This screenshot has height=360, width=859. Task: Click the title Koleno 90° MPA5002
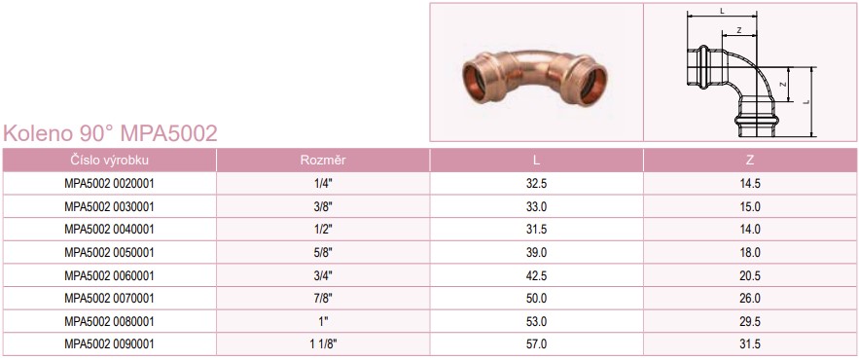click(x=110, y=133)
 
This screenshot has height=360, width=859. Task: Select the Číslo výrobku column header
click(x=110, y=160)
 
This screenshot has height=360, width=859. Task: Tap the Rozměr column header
click(x=323, y=160)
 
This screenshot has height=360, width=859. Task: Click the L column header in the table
click(x=536, y=160)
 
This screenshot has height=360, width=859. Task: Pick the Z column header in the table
click(x=750, y=160)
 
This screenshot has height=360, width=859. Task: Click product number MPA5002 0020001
click(x=110, y=184)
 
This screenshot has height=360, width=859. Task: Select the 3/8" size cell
click(x=323, y=206)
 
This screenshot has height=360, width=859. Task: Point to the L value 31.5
click(x=536, y=230)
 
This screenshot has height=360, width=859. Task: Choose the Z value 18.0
click(x=750, y=253)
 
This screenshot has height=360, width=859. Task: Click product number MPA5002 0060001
click(x=110, y=275)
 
